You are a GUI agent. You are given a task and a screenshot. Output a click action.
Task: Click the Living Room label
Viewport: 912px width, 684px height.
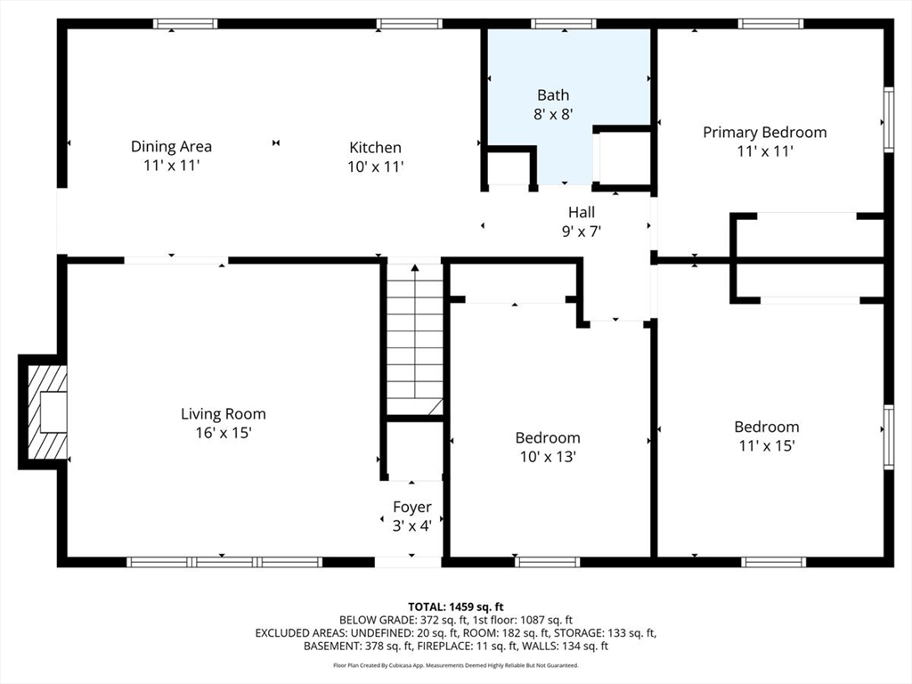(224, 414)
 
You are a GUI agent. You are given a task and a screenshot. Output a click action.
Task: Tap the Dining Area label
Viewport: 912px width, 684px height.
(171, 147)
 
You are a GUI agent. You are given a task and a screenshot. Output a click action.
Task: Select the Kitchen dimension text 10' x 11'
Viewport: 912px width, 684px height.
(376, 167)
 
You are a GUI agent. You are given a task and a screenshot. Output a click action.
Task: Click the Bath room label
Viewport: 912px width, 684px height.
(553, 94)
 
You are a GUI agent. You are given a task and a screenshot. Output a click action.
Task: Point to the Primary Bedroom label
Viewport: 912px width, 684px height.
(765, 133)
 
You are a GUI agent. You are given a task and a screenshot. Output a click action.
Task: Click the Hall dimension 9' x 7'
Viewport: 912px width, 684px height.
(581, 232)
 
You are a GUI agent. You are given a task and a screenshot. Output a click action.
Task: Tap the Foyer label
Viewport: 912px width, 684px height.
(411, 507)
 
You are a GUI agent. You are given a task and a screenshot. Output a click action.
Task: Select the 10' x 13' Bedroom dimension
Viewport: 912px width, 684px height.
(548, 457)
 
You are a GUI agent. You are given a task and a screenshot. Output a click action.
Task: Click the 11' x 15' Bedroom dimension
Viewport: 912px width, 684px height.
(767, 445)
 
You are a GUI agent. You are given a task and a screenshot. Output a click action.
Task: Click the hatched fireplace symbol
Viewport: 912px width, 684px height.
(46, 411)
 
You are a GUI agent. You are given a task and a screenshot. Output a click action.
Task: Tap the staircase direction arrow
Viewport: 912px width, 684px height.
(415, 331)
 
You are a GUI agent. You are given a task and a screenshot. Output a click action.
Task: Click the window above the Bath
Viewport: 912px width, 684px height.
(564, 24)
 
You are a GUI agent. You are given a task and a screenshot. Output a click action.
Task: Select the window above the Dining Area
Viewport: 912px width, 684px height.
(185, 24)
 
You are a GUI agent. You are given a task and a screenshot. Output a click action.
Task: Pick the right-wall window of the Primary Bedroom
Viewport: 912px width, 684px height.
(889, 120)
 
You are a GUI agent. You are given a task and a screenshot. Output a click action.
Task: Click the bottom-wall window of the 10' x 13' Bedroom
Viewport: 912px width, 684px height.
(548, 562)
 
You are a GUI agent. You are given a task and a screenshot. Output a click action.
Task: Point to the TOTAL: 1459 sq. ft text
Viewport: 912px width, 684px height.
(455, 607)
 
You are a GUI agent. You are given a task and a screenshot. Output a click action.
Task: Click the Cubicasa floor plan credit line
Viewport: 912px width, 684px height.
(455, 665)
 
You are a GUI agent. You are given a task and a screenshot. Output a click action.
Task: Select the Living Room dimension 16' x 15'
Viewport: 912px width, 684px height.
(224, 433)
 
